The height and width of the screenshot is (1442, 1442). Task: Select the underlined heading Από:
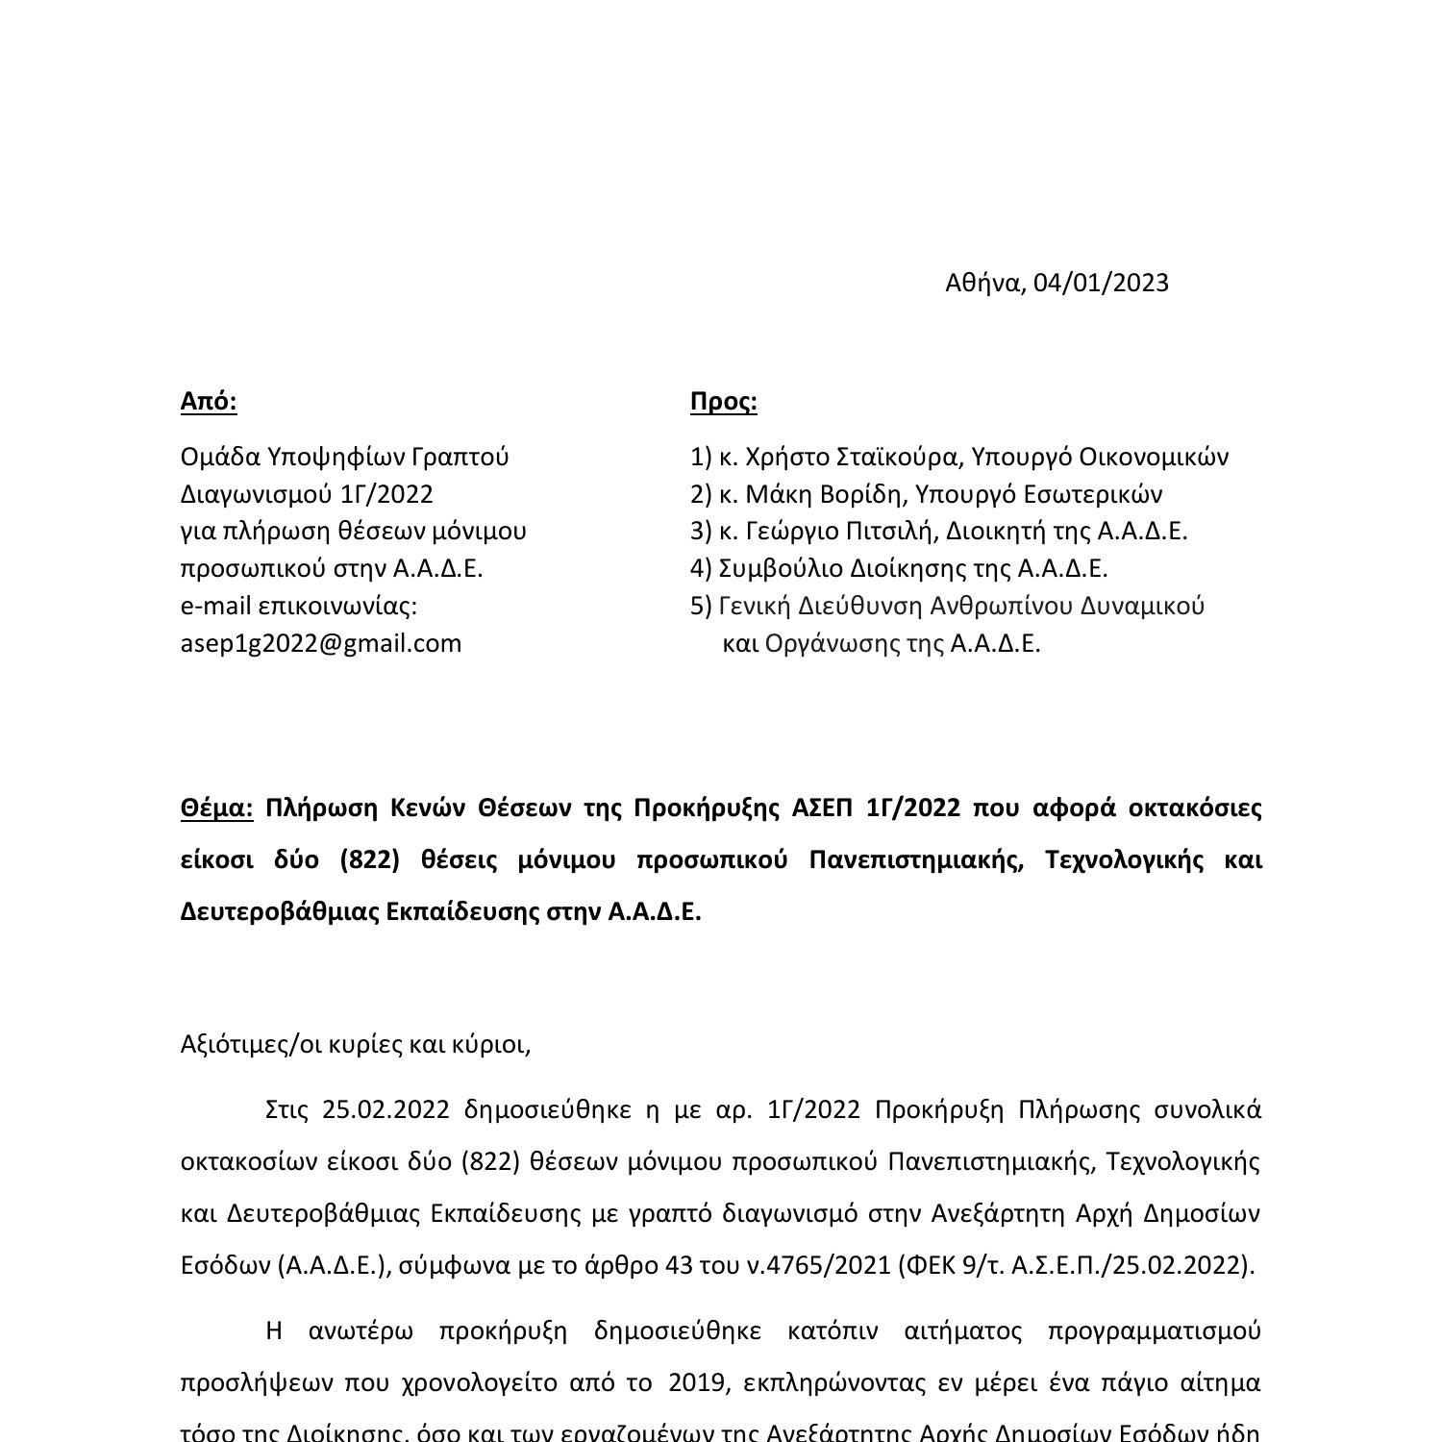209,401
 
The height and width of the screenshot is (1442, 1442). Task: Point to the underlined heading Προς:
723,401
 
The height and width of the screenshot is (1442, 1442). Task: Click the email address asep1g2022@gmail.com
321,643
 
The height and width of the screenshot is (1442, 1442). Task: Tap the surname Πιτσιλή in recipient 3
888,531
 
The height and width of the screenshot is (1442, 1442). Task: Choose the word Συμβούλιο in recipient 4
772,568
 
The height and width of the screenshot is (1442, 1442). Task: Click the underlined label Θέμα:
216,808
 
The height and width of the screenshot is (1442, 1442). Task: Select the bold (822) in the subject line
369,859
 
